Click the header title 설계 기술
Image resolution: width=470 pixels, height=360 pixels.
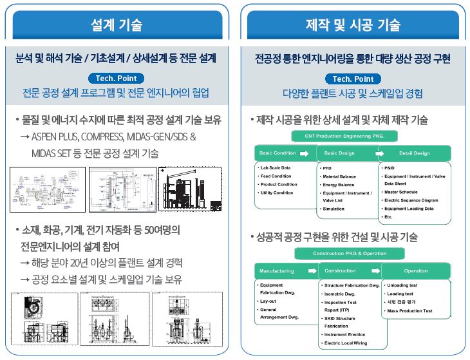pos(117,25)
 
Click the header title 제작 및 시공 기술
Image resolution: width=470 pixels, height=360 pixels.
pos(352,25)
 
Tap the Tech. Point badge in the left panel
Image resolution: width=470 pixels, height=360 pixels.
pos(117,79)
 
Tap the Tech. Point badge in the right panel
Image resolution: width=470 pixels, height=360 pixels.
pos(353,79)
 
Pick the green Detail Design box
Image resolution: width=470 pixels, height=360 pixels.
pos(415,153)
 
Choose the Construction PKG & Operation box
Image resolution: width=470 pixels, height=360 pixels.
pos(350,253)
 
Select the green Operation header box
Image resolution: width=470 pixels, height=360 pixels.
pos(416,271)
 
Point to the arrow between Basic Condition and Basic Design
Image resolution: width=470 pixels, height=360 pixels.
pos(304,153)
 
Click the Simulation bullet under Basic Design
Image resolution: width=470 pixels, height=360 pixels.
pos(334,209)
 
